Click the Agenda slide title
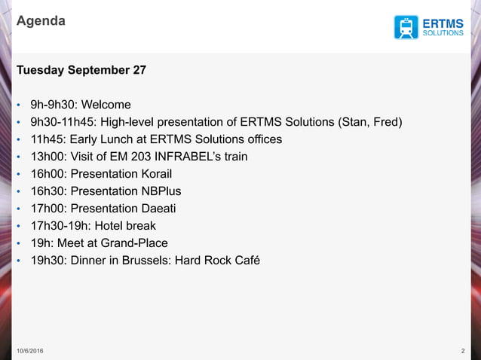[41, 21]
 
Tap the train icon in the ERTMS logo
[406, 27]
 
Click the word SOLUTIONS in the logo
[443, 33]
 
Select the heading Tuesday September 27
[81, 70]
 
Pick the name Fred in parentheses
[386, 122]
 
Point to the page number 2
[461, 352]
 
